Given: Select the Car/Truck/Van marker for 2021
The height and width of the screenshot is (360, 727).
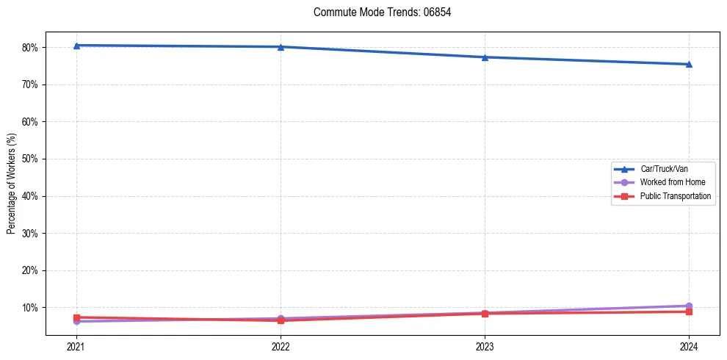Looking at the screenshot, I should pos(76,46).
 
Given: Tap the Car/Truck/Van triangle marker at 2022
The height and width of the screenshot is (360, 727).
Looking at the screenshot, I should pos(281,47).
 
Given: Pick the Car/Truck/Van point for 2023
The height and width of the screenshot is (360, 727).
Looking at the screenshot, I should pos(485,57).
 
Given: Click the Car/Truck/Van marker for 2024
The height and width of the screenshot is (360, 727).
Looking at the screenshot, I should pos(689,64).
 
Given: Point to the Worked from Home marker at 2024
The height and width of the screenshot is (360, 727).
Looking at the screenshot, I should pos(689,306).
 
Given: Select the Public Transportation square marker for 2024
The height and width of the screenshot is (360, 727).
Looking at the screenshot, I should pos(689,312).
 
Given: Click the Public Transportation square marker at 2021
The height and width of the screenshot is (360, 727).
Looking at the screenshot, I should pos(76,317).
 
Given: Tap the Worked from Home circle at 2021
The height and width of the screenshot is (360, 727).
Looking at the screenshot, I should pos(76,321).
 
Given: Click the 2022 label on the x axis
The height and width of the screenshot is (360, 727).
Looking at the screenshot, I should pos(281,346).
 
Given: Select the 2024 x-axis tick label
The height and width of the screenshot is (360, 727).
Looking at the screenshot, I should pos(689,346).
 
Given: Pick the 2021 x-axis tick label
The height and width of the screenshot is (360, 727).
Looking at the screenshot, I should pos(76,346).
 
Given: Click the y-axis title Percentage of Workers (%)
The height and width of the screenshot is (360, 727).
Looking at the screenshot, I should pos(12,184).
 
